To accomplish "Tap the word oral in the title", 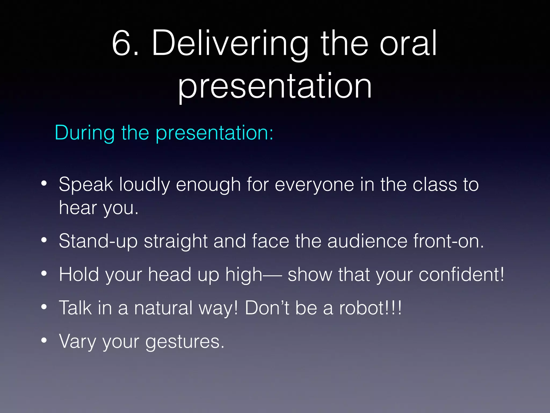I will point(408,43).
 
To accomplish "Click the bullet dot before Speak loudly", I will point(44,184).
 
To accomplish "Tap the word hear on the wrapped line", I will point(78,208).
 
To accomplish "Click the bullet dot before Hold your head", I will point(44,274).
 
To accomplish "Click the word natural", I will point(163,308).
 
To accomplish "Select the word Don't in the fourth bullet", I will point(267,308).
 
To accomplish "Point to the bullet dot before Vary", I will point(44,340).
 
